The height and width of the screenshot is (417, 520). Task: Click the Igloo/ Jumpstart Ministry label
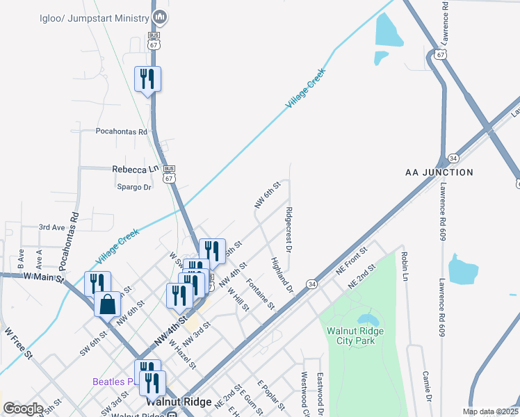95,16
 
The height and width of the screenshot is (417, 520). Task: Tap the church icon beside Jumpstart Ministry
160,16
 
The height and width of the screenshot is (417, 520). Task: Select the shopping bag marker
107,304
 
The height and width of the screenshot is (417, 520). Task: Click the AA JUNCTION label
439,172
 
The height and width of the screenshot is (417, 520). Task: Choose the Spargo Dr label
133,187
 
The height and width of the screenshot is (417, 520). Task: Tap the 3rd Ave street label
52,227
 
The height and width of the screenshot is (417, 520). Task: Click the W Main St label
43,277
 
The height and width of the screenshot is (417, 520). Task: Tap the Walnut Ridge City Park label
355,336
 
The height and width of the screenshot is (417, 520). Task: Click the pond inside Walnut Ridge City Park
368,320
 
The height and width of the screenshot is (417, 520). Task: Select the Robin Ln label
404,266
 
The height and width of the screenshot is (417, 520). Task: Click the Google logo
23,409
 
